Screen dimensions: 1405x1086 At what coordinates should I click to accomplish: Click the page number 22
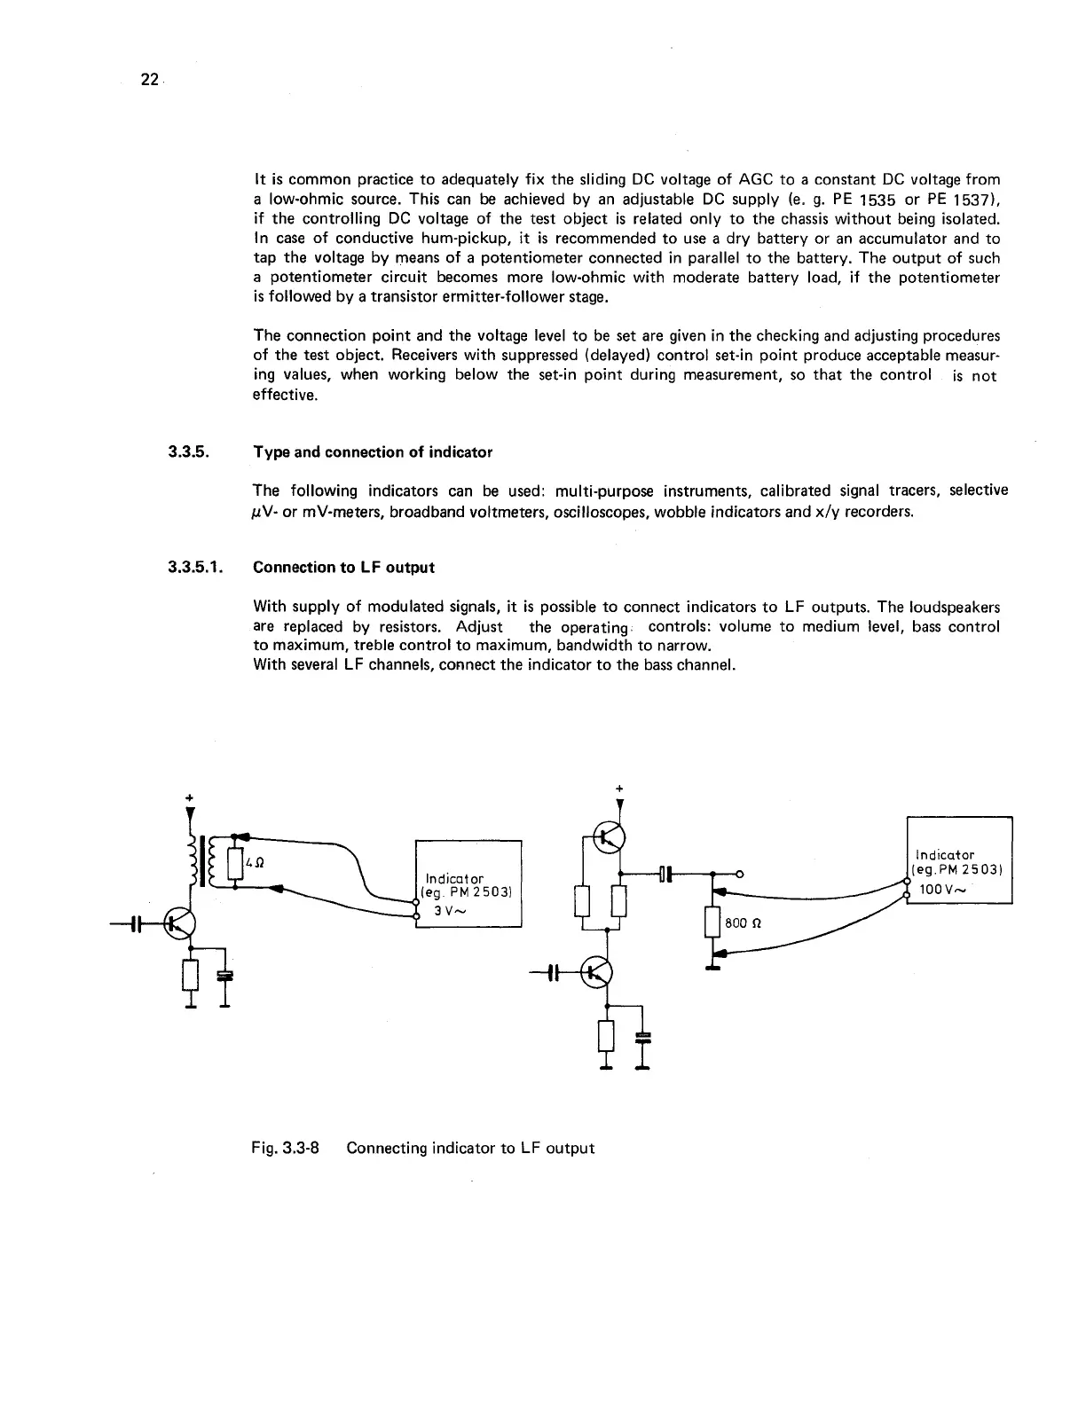point(148,80)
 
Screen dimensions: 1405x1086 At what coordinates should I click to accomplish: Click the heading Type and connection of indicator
point(372,452)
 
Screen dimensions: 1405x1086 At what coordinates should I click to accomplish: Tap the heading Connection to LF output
point(343,567)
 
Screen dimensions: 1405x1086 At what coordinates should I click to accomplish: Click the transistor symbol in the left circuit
point(180,924)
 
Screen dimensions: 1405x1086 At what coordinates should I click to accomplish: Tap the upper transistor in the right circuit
point(610,836)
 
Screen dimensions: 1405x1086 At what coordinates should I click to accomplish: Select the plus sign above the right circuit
point(618,787)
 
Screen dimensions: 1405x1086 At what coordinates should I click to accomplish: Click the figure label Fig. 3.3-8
point(286,1148)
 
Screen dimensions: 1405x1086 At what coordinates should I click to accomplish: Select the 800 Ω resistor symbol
point(712,922)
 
